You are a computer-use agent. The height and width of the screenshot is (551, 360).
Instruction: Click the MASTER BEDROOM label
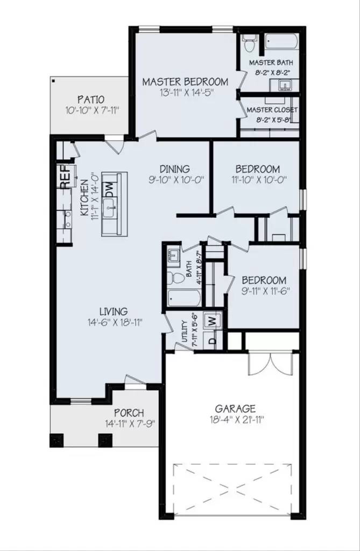pyautogui.click(x=185, y=82)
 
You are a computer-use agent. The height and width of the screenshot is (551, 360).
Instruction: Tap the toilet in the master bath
pyautogui.click(x=249, y=44)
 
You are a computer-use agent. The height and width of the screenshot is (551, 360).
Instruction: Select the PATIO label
pyautogui.click(x=90, y=100)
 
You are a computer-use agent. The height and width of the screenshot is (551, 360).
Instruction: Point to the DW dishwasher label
pyautogui.click(x=109, y=189)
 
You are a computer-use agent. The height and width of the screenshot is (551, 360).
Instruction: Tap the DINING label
pyautogui.click(x=175, y=169)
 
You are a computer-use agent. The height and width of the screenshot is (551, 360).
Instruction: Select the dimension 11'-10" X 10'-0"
pyautogui.click(x=256, y=180)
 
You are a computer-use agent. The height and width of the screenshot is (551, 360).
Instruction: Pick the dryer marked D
pyautogui.click(x=212, y=341)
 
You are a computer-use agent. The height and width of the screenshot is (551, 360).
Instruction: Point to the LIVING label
pyautogui.click(x=113, y=312)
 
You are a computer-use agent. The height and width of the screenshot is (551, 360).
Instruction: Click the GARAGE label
pyautogui.click(x=235, y=409)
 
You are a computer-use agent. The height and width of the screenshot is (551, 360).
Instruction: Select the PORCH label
pyautogui.click(x=129, y=413)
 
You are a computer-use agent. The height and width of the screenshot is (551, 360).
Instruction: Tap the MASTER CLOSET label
pyautogui.click(x=272, y=110)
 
